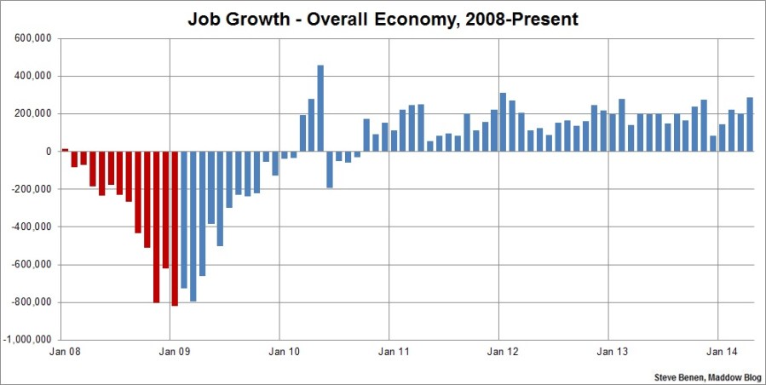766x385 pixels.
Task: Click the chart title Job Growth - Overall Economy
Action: (383, 18)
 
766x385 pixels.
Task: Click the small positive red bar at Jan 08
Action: (65, 149)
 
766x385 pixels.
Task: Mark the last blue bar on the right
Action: (750, 124)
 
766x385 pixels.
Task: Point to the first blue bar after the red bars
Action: (184, 220)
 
